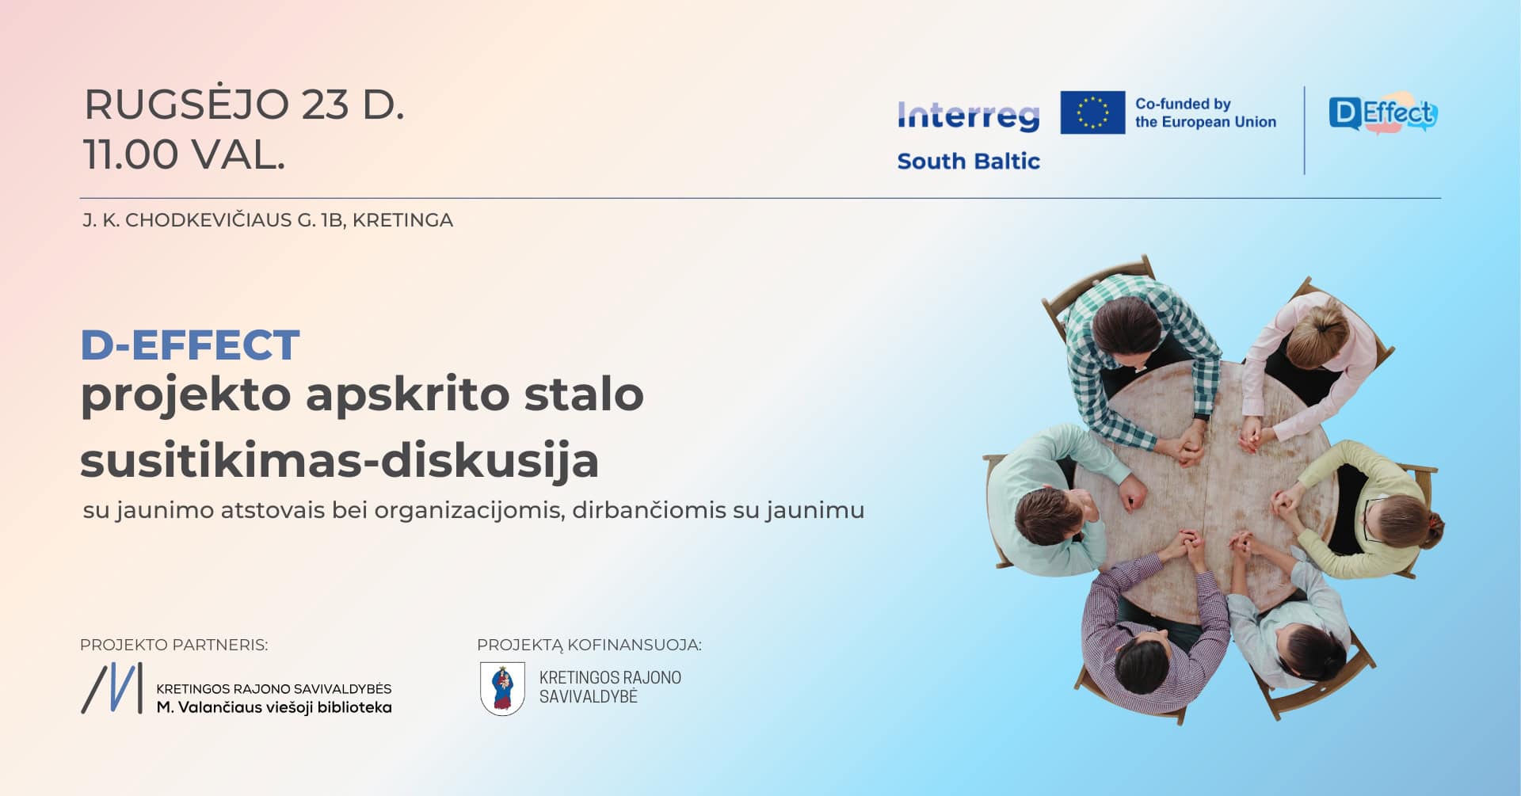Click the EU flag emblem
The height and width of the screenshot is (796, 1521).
[x=1092, y=112]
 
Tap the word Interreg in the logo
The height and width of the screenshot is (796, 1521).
[x=968, y=116]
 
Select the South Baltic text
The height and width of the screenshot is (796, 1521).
[x=968, y=161]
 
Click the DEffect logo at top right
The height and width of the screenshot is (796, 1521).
[x=1382, y=115]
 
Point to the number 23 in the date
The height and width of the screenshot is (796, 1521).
[x=325, y=105]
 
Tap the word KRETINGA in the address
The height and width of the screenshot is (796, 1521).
[x=402, y=220]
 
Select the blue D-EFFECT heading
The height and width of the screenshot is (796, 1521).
[x=190, y=345]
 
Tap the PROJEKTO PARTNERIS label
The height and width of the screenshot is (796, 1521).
[x=173, y=645]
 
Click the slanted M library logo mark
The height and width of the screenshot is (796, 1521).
[x=112, y=687]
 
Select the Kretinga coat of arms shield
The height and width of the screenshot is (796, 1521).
[x=502, y=688]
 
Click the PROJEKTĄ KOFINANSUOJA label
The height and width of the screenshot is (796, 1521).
[x=589, y=645]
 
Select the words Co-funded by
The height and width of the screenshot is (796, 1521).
[x=1183, y=104]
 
